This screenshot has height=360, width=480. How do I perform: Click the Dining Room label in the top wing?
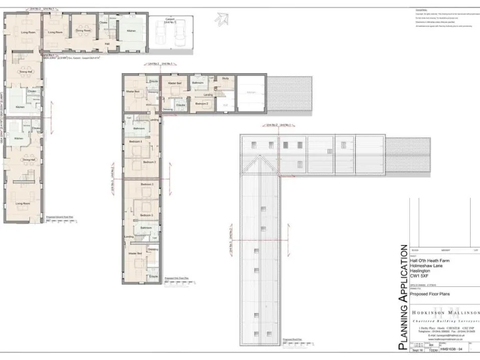84,30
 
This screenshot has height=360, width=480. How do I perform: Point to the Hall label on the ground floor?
107,44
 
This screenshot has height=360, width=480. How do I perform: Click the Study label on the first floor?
226,79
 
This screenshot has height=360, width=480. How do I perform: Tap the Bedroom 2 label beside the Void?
201,103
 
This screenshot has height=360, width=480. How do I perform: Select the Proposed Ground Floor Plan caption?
61,217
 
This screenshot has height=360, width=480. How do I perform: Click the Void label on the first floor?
225,104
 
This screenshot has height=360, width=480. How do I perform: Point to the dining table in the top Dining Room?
84,36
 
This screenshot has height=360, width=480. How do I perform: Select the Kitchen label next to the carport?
131,31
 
